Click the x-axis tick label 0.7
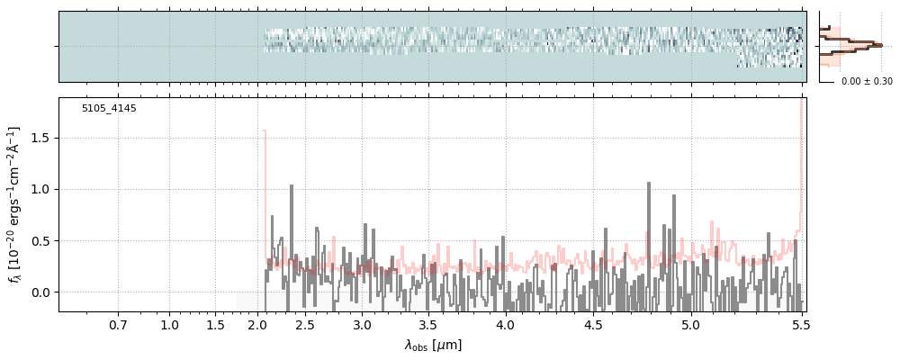click(118, 324)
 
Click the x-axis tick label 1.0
click(169, 324)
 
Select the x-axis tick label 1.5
click(214, 324)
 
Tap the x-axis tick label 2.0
click(257, 324)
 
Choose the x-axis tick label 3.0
click(362, 324)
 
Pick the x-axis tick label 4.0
click(505, 324)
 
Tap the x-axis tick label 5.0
click(690, 324)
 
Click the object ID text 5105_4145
click(109, 109)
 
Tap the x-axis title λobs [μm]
click(433, 345)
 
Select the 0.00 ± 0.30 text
click(867, 82)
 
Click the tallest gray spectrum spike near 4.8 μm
click(648, 184)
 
